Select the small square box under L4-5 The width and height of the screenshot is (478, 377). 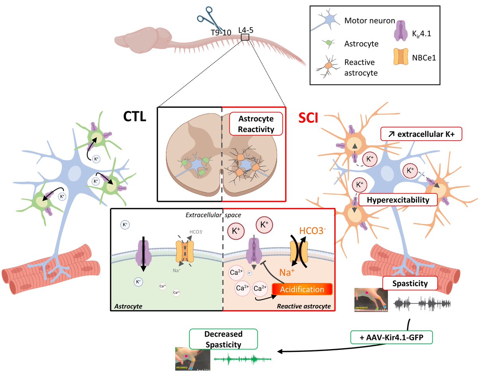tap(245, 38)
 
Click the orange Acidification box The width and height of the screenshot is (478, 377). tap(302, 289)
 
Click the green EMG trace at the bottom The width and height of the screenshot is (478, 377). tap(243, 359)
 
